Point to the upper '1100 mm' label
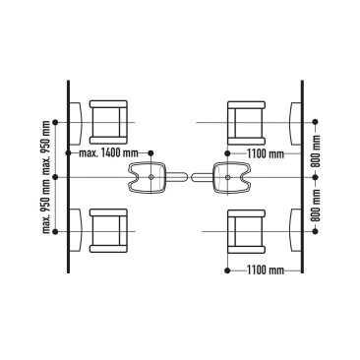(266, 153)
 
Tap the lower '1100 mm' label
(266, 269)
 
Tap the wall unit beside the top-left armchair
(76, 121)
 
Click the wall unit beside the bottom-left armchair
(76, 229)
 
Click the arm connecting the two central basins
(189, 178)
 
